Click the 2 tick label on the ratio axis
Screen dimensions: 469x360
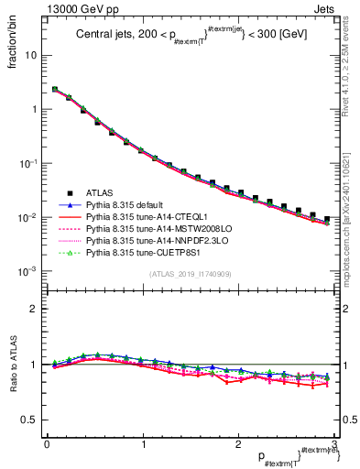[32, 309]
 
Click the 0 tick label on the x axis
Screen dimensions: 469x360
[47, 444]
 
